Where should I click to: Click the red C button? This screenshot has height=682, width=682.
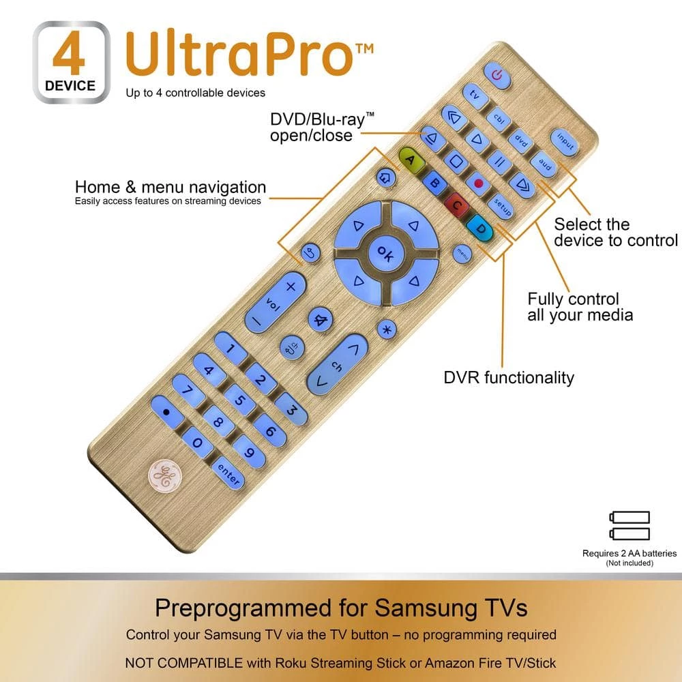457,205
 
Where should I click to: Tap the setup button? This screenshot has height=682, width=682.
501,206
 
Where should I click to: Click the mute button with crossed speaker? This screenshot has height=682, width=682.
321,320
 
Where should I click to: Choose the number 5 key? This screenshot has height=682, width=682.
239,400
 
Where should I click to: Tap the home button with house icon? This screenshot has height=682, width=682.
385,177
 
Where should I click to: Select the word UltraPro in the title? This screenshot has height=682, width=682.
240,53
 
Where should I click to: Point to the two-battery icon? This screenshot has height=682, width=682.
629,525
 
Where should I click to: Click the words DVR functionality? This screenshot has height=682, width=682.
509,378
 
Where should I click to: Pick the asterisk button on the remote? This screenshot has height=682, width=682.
386,329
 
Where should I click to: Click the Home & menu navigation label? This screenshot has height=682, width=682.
170,187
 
